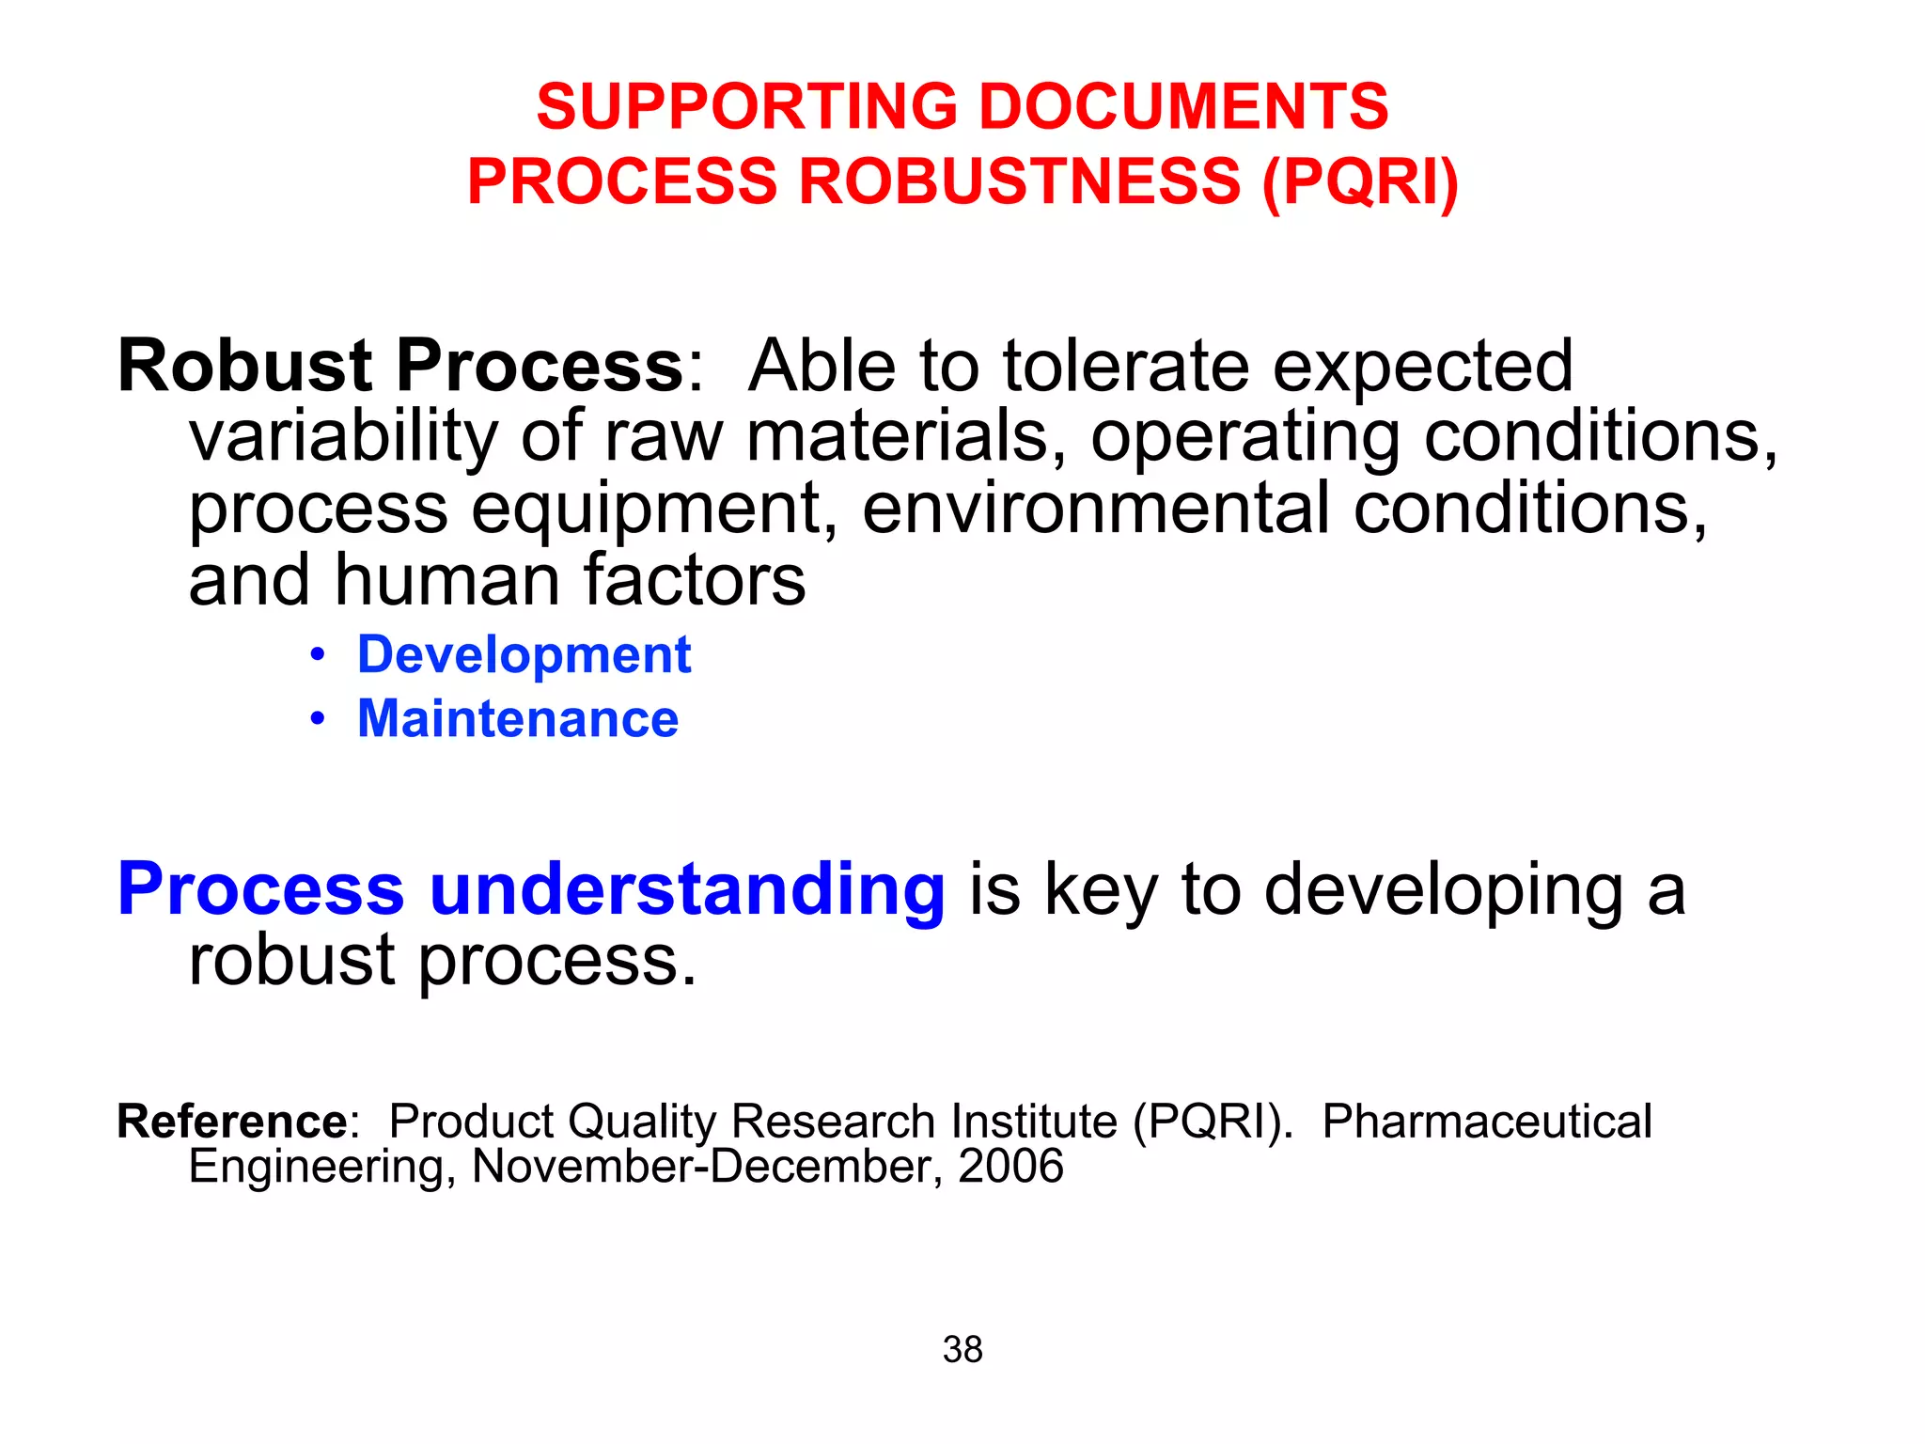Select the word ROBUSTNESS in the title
tap(1020, 180)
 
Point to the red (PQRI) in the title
tap(1360, 182)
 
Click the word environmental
tap(1096, 508)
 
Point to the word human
tap(447, 580)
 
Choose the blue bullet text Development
tap(524, 655)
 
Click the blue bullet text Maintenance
tap(518, 719)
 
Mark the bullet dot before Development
tap(319, 654)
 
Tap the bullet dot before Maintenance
tap(319, 719)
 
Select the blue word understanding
tap(687, 890)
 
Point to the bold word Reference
tap(232, 1122)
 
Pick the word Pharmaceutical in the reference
tap(1487, 1122)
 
